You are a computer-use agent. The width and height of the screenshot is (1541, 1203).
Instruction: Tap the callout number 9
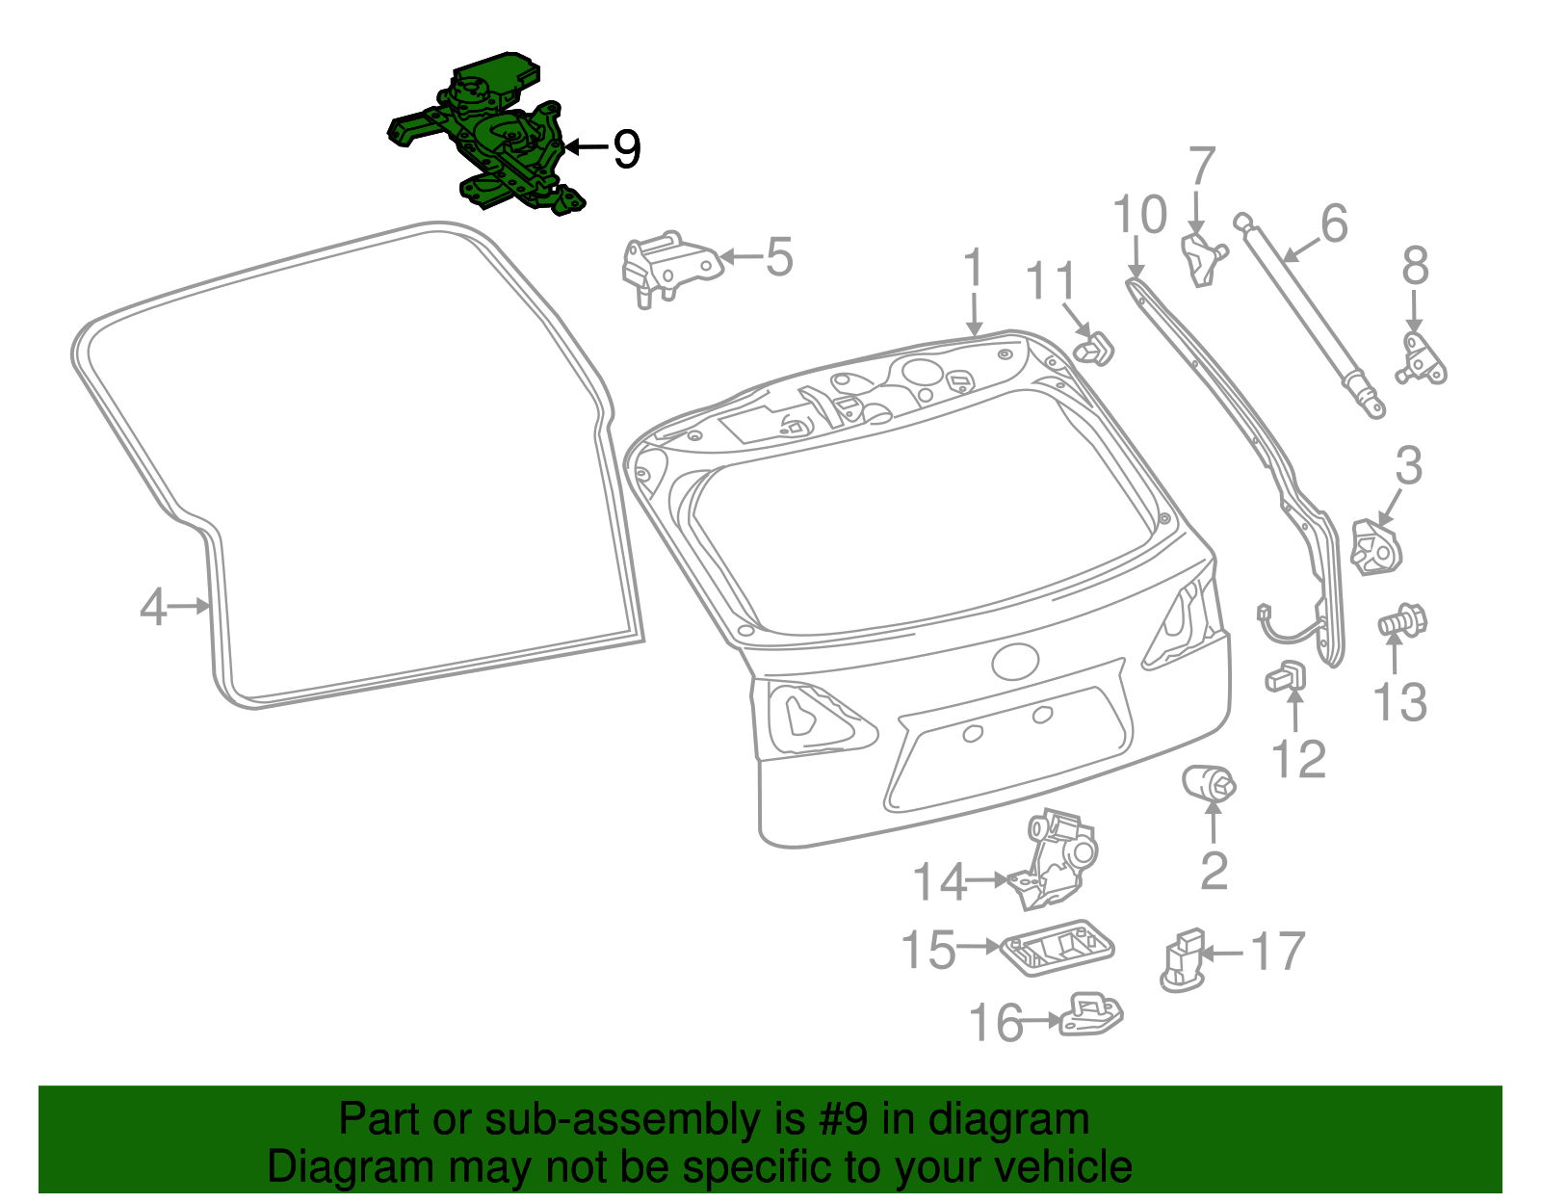pos(626,149)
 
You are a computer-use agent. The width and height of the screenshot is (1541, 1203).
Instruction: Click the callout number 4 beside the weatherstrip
pos(153,608)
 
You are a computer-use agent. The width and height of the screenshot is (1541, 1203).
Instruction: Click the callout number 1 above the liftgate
pos(974,267)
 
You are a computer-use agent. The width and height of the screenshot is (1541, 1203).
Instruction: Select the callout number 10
pos(1139,215)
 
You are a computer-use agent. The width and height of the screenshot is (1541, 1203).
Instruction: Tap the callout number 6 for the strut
pos(1333,223)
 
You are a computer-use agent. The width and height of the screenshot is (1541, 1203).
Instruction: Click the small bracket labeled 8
pos(1420,360)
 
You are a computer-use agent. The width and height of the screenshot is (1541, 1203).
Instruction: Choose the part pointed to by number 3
pos(1377,547)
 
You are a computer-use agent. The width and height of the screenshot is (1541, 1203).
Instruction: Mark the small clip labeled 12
pos(1286,676)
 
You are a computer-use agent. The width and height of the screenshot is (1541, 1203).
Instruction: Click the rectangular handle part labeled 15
pos(1057,947)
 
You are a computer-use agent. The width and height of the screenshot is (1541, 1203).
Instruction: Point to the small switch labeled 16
pos(1091,1017)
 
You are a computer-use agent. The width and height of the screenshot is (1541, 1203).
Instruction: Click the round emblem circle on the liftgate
pos(1015,662)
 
